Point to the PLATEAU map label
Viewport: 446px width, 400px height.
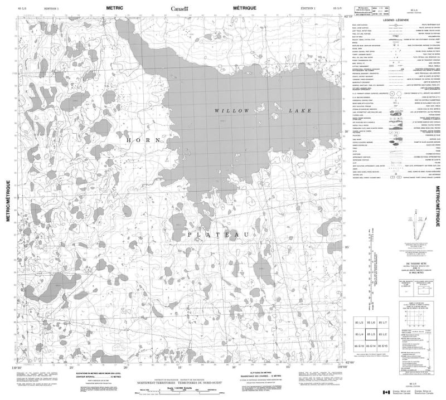point(215,236)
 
